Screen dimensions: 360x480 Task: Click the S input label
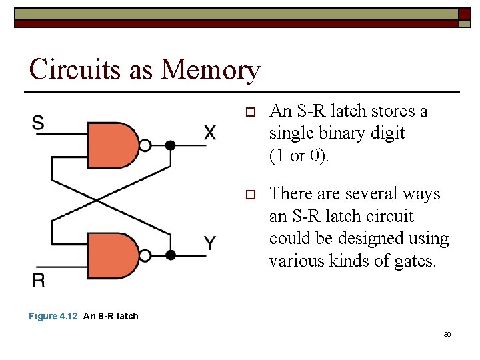39,123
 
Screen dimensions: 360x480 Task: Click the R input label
39,280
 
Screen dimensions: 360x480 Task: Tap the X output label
209,133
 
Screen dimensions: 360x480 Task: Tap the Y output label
210,243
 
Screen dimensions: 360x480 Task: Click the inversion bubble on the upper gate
146,145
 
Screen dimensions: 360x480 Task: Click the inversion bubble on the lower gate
146,255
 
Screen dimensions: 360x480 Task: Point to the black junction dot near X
170,145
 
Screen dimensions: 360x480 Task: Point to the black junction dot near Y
170,255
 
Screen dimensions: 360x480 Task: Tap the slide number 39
447,334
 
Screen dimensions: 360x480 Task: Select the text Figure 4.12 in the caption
53,316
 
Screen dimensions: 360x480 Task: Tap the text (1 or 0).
299,155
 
